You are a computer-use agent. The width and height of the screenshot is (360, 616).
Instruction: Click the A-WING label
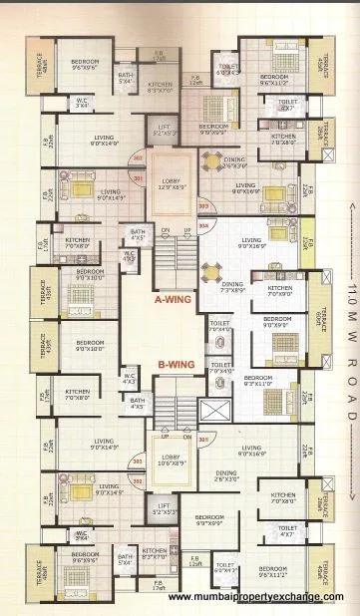tap(173, 298)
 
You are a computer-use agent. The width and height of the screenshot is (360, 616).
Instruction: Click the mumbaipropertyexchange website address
tap(262, 597)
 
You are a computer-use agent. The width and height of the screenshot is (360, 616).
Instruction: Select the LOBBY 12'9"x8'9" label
tap(173, 182)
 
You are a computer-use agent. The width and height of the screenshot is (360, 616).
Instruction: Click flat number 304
tap(204, 224)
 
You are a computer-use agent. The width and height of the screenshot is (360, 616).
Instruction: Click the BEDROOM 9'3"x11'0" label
tap(258, 380)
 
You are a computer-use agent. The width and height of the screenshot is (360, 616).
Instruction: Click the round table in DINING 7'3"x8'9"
tap(210, 270)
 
